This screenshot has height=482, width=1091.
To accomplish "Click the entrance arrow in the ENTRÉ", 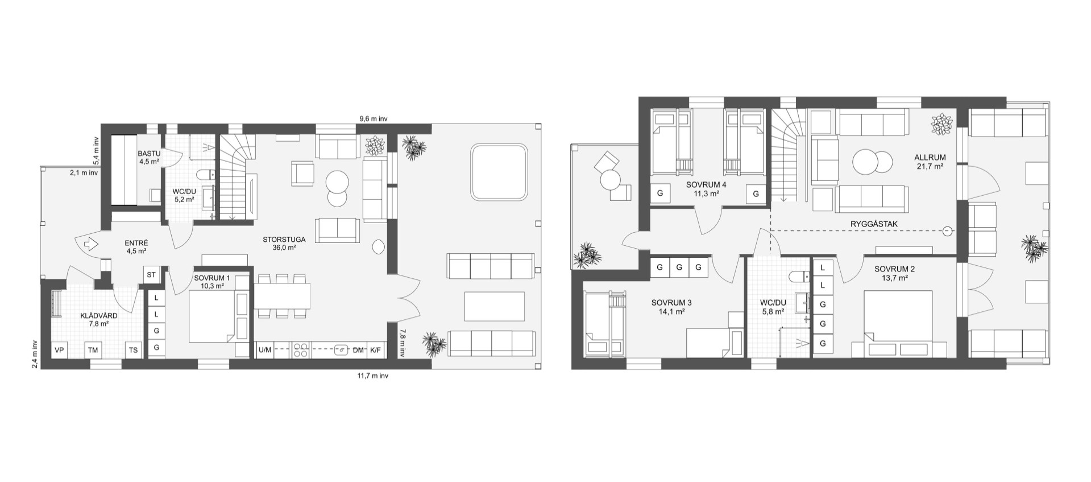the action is tap(90, 244).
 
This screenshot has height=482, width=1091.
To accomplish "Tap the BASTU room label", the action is tap(149, 154).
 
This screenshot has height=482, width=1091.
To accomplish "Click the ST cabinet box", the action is tap(151, 275).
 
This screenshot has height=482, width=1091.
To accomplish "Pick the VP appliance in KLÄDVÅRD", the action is tap(59, 350).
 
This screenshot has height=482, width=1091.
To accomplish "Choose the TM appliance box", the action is tap(93, 350).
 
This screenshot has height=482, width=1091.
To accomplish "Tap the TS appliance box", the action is tap(133, 350).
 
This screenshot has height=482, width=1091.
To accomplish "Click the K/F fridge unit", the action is tap(376, 350).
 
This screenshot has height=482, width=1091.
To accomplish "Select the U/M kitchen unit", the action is tap(265, 350).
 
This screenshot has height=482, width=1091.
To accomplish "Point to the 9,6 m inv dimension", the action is tap(374, 119).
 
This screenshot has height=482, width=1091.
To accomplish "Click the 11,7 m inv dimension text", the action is tap(372, 376).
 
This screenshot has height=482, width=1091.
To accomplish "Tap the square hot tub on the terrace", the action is tap(499, 171).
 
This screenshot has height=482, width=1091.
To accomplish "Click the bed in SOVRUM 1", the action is tap(211, 314).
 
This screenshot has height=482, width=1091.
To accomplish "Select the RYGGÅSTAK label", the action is tap(874, 224).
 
